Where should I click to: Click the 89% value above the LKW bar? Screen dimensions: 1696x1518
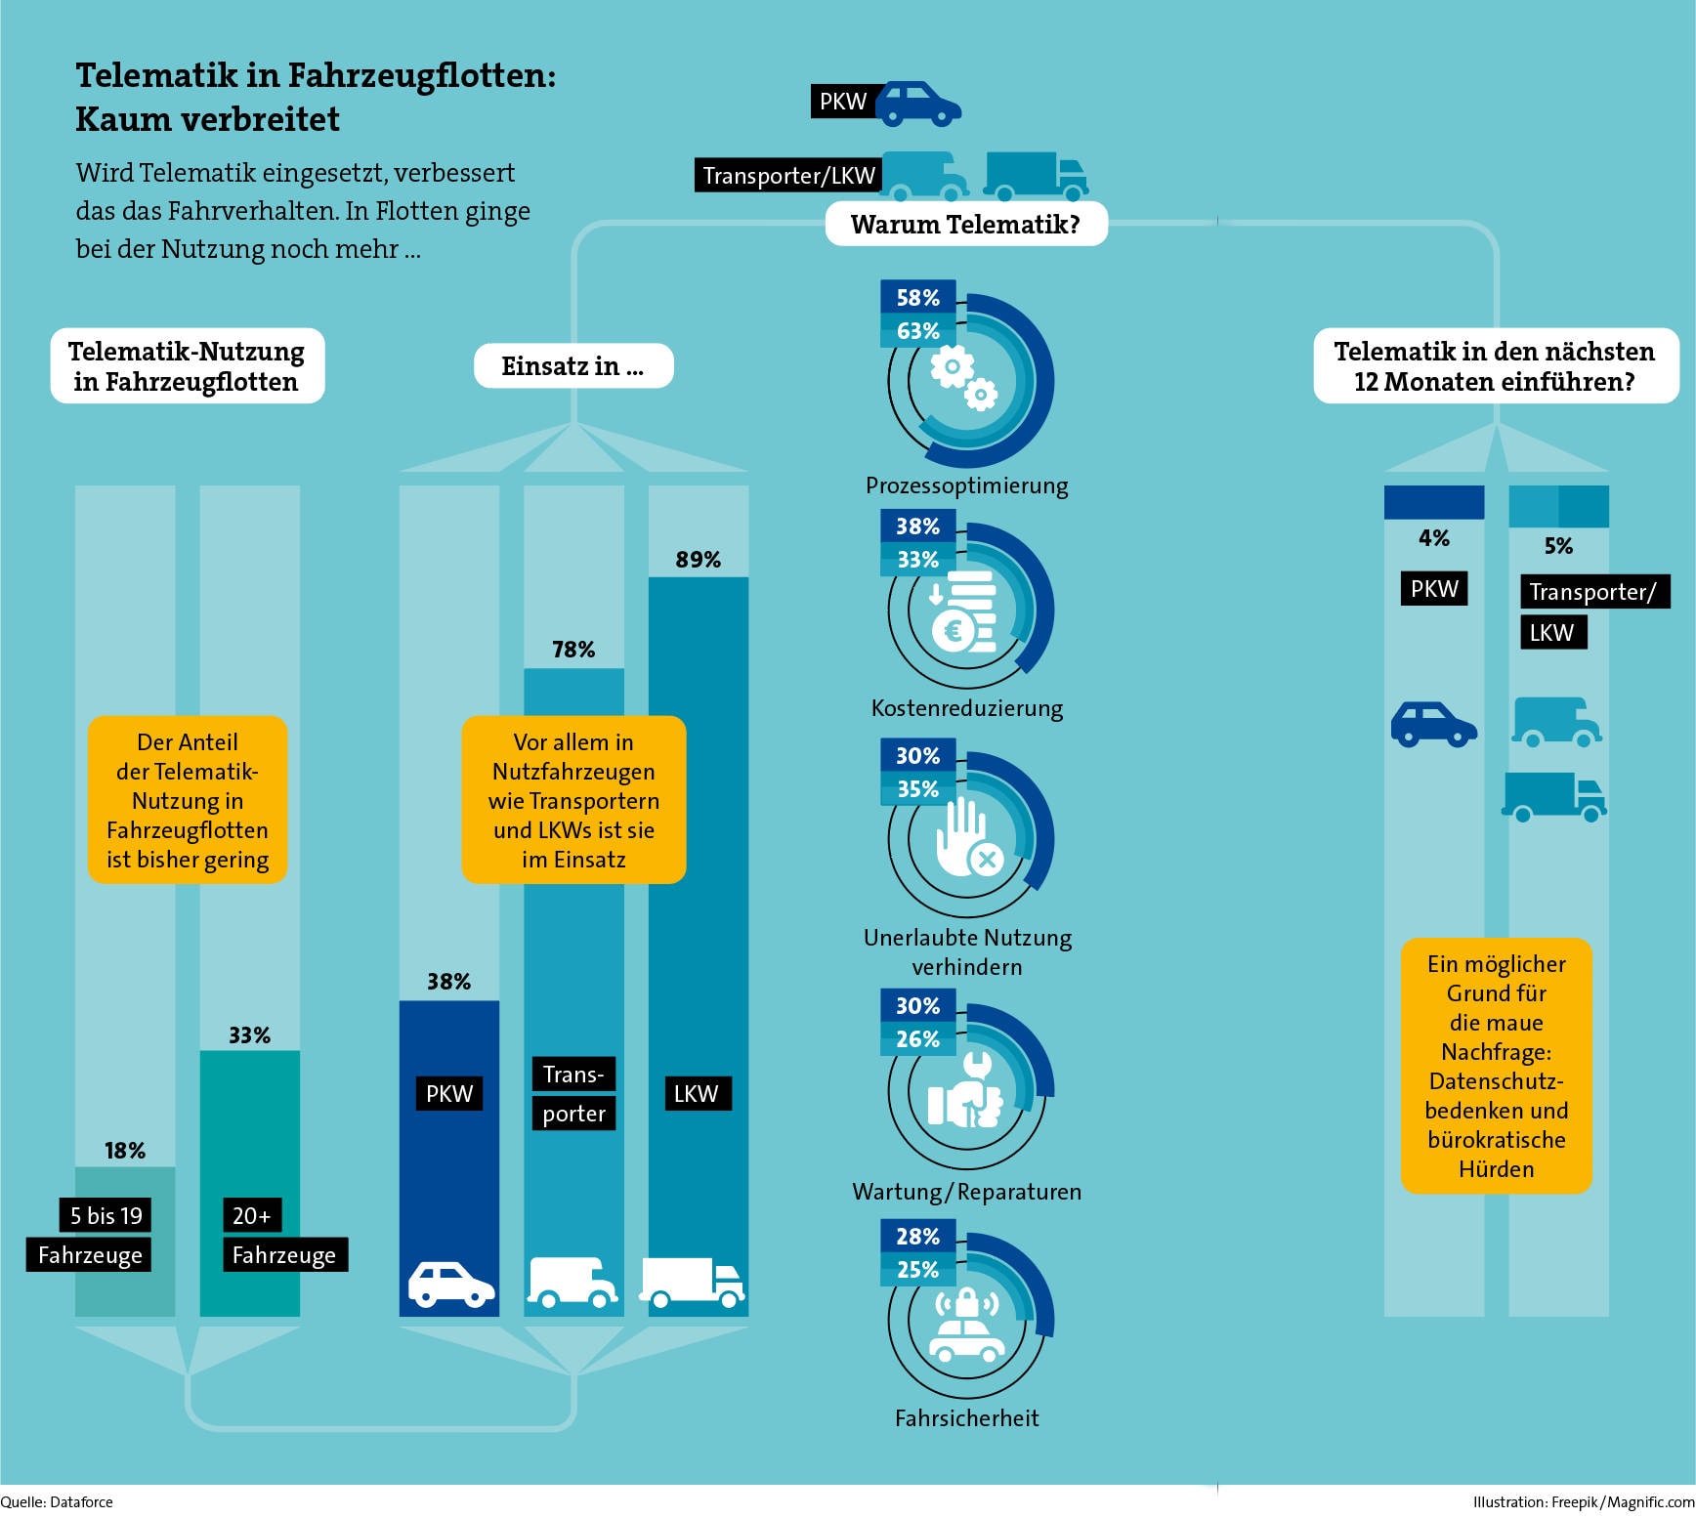tap(698, 560)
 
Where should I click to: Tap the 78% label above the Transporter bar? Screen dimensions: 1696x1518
tap(573, 650)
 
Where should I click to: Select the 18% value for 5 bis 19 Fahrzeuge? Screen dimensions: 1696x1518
tap(125, 1151)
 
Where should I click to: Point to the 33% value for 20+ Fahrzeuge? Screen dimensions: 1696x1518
tap(249, 1035)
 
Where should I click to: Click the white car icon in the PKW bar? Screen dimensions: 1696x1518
tap(450, 1284)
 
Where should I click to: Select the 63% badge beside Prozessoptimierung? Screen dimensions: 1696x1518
tap(917, 331)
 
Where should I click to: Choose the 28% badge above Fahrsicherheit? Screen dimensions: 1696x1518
tap(917, 1236)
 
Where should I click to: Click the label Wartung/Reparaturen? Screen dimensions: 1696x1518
tap(966, 1192)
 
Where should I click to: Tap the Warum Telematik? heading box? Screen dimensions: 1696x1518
tap(966, 224)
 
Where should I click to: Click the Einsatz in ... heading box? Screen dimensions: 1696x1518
tap(573, 366)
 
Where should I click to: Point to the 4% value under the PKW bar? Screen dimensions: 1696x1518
tap(1433, 538)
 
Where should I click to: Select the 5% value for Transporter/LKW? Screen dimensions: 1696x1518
tap(1558, 546)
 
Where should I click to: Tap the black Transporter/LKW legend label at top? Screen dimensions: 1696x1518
tap(788, 175)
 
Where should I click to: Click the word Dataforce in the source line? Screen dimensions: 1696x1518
tap(81, 1502)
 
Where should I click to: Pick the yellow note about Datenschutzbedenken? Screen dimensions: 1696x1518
tap(1496, 1066)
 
